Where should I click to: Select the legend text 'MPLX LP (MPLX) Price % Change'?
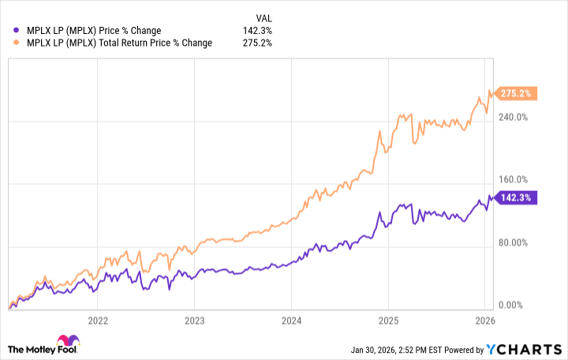pyautogui.click(x=94, y=31)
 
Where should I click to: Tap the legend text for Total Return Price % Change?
pyautogui.click(x=119, y=43)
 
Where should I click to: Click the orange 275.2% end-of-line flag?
pyautogui.click(x=517, y=93)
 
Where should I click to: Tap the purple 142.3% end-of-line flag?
pyautogui.click(x=517, y=198)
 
